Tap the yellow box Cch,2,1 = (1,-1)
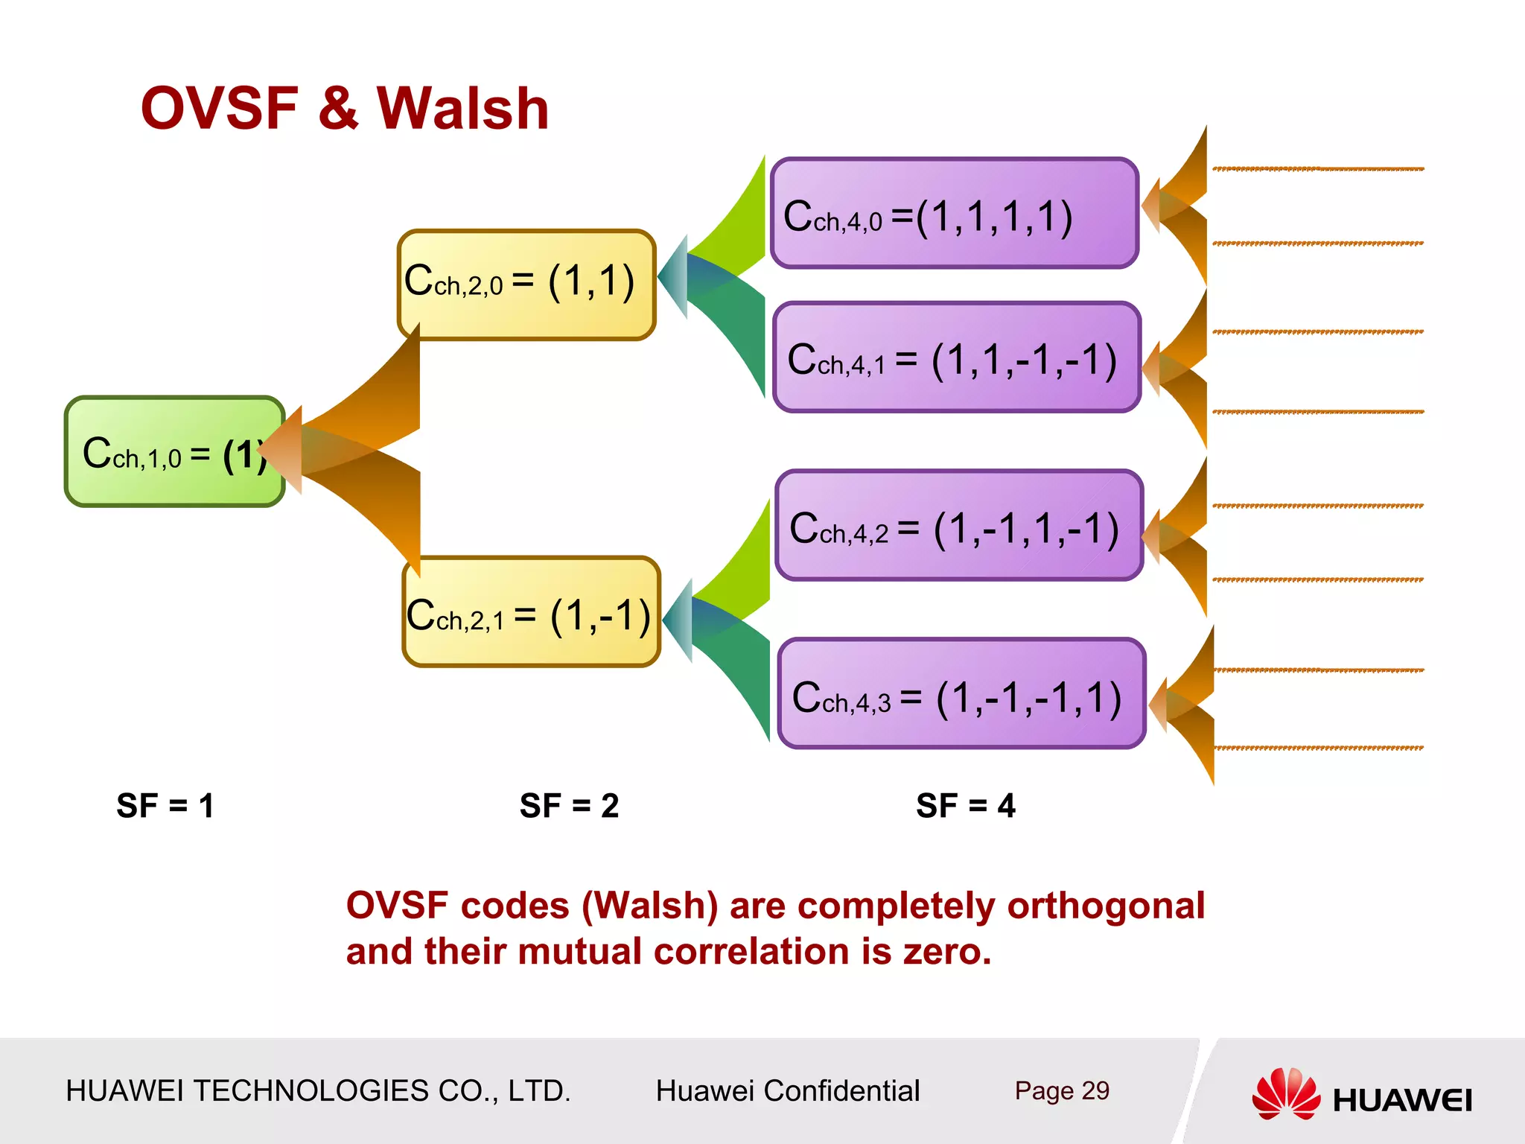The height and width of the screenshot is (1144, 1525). click(x=530, y=612)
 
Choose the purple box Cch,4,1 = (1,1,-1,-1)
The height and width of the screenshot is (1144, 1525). click(x=956, y=357)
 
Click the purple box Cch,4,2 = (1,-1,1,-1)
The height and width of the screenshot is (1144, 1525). click(x=958, y=526)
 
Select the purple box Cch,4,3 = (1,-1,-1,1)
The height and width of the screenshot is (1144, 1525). click(x=961, y=694)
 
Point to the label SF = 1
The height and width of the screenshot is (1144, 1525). click(x=165, y=806)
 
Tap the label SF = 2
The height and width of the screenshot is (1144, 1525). click(x=569, y=806)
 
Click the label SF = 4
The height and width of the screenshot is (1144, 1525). click(x=966, y=806)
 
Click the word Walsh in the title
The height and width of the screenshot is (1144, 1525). click(x=462, y=109)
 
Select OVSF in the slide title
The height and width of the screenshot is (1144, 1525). click(x=220, y=109)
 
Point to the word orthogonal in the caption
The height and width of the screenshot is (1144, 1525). click(x=1105, y=906)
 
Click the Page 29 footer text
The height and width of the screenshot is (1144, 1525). click(x=1061, y=1090)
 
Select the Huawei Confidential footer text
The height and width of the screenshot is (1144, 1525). click(x=787, y=1090)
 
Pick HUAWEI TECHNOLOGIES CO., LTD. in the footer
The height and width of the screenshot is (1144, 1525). click(x=318, y=1090)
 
